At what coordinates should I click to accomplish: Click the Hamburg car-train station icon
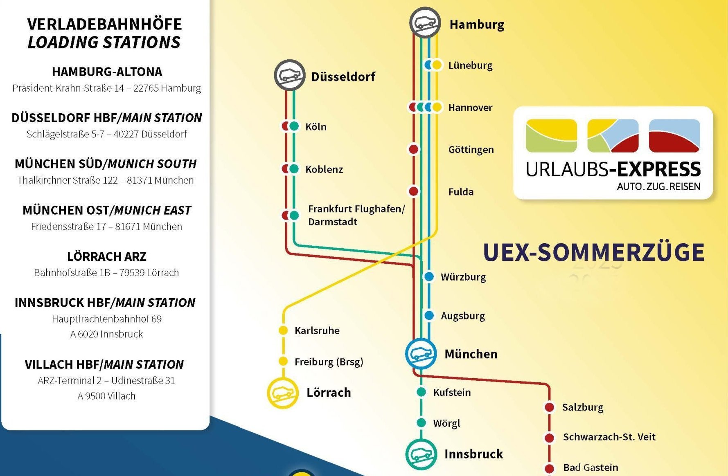425,23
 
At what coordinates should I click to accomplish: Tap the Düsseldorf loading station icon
290,75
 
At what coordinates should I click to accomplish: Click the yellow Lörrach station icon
283,393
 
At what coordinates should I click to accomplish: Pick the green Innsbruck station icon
421,454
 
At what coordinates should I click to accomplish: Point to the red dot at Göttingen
414,149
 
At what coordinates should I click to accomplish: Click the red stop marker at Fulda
414,191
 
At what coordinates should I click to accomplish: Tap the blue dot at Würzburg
429,277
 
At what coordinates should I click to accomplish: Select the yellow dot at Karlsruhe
283,330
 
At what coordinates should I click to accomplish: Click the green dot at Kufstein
421,392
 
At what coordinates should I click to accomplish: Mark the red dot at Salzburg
549,407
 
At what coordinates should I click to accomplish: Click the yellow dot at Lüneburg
437,65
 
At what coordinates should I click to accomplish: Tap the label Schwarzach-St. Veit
609,437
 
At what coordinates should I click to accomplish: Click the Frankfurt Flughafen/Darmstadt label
356,215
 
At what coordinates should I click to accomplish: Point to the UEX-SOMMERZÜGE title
593,252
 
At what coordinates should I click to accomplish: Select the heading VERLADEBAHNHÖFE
104,24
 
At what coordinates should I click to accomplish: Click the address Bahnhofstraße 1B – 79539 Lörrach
106,273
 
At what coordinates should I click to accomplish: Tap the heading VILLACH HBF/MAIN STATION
104,364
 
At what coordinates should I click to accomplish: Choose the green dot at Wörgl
421,423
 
